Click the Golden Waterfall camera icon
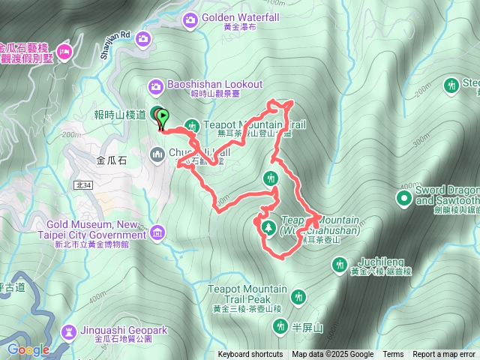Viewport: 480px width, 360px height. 190,18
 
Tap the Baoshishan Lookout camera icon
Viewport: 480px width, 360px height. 157,85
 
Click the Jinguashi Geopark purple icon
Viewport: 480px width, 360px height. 69,331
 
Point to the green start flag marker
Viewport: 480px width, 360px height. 163,118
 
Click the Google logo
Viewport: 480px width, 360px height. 28,349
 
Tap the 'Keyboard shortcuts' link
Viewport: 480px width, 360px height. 250,355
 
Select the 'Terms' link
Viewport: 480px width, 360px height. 393,355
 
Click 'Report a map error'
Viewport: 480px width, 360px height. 444,355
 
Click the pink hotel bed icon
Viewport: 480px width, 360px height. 65,51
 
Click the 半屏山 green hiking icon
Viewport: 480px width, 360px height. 280,325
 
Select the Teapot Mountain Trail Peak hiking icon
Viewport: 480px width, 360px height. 298,296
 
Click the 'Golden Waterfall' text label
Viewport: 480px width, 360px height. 234,16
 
